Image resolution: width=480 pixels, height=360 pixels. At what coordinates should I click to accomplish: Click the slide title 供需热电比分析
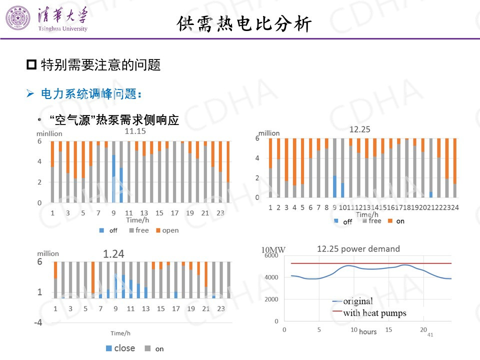244,23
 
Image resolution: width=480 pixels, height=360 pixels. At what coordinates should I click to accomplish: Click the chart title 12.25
359,129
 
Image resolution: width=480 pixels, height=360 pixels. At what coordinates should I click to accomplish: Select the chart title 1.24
113,254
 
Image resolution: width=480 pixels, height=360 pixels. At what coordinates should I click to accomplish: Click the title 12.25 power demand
358,248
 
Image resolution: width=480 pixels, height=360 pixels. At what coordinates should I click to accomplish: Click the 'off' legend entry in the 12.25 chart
343,221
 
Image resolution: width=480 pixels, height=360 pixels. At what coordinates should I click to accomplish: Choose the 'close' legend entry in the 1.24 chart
120,348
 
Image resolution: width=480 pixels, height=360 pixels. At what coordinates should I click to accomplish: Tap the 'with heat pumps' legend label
374,313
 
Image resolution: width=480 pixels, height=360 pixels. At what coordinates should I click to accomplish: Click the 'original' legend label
358,301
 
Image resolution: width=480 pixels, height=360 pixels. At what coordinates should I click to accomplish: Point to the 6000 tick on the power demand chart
270,255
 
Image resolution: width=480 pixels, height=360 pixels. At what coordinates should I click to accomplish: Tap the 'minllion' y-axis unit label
49,133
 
